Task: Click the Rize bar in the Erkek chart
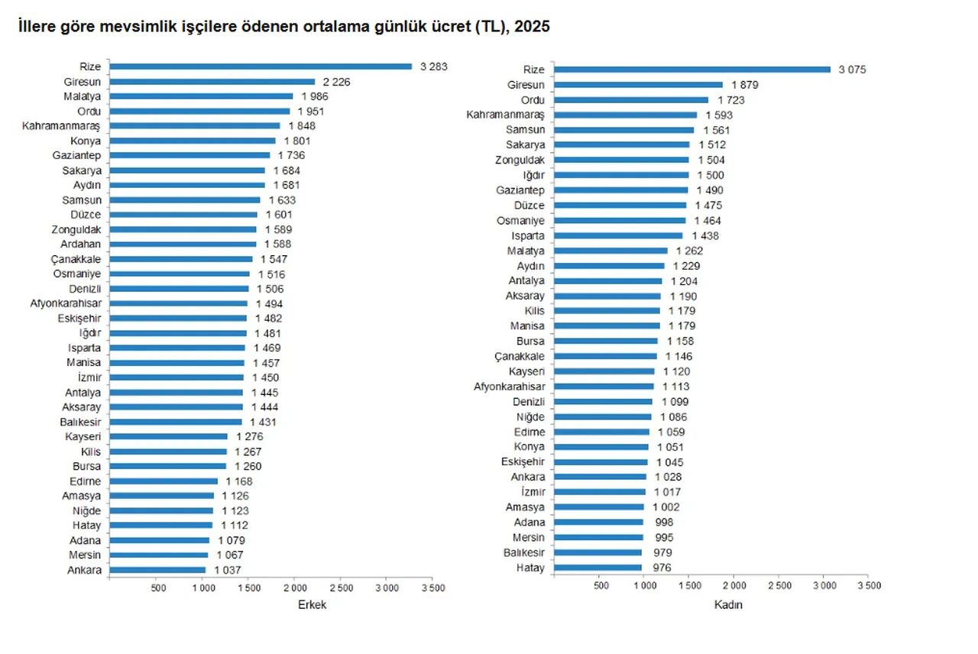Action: [260, 66]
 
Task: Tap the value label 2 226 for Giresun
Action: [336, 82]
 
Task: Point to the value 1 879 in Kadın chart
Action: [744, 85]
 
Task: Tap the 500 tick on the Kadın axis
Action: [601, 585]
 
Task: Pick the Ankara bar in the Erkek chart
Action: [157, 570]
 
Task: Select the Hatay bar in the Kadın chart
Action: [597, 568]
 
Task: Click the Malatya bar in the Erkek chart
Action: [201, 96]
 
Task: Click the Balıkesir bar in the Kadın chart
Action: [597, 552]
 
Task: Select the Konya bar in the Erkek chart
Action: [193, 141]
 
